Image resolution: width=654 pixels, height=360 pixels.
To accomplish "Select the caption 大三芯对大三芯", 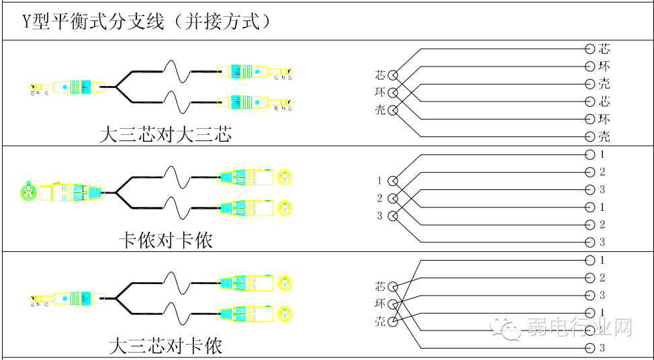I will coord(165,134).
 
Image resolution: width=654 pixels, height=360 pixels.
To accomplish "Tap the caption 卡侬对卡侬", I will coord(165,239).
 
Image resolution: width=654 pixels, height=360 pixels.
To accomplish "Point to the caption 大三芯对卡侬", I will coord(165,346).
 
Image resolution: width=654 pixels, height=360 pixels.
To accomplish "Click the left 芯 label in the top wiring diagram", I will coord(381,75).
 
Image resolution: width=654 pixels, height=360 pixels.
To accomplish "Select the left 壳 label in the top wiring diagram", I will coord(381,109).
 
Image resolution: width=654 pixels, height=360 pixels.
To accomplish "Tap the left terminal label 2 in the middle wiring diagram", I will coord(379,198).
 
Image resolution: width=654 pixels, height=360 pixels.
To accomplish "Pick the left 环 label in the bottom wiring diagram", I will coord(381,304).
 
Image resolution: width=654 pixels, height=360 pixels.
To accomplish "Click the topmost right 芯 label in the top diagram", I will coord(604,49).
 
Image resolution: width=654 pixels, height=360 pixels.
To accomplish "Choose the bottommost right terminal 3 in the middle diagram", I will coord(602,242).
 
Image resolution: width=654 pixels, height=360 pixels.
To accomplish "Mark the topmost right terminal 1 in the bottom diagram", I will coord(602,260).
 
